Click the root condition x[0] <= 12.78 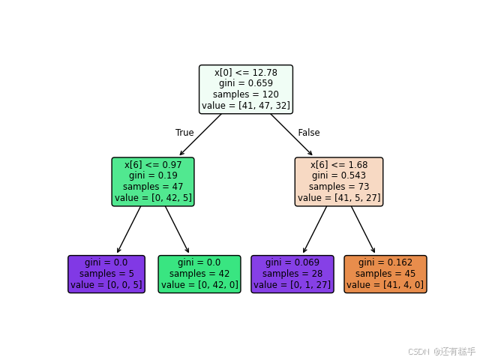point(246,72)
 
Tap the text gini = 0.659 point(246,83)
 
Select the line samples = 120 point(246,94)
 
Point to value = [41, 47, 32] point(246,106)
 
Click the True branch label point(184,133)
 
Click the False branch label point(308,133)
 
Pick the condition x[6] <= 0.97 point(153,164)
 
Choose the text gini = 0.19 point(153,175)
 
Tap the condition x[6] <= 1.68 point(339,164)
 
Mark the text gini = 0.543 point(339,175)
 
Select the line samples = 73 point(339,187)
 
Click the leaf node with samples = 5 point(106,274)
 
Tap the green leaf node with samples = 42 point(199,274)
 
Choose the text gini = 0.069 point(292,262)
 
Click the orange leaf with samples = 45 point(385,274)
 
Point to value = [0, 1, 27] point(292,285)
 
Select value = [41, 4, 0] point(385,285)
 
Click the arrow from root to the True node point(201,134)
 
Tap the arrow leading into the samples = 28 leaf point(315,229)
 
